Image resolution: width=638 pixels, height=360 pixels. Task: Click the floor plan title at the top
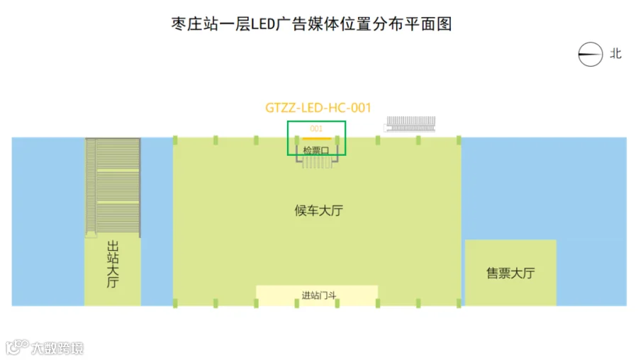[x=311, y=24]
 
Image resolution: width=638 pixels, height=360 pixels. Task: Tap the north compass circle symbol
[x=591, y=54]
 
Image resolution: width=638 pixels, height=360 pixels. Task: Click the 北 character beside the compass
[x=615, y=54]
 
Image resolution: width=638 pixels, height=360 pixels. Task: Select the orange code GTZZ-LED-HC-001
[x=318, y=108]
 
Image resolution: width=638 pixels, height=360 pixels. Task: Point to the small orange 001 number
[x=316, y=128]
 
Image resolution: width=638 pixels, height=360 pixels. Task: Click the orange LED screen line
[x=317, y=139]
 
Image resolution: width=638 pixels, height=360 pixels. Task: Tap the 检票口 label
[x=316, y=150]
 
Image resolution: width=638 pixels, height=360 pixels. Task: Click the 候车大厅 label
[x=318, y=210]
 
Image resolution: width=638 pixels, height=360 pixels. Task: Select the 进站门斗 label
[x=319, y=296]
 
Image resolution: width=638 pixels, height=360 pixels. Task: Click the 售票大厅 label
[x=510, y=273]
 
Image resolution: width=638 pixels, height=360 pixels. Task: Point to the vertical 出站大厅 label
[x=113, y=264]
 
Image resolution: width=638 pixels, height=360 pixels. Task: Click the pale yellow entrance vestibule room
[x=317, y=296]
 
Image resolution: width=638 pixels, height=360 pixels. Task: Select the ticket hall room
[x=510, y=273]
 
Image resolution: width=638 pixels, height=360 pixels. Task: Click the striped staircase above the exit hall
[x=113, y=187]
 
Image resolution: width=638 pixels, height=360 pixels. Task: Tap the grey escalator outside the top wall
[x=410, y=124]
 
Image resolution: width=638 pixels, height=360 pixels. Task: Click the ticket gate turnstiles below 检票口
[x=317, y=162]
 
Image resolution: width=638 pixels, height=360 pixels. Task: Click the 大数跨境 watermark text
[x=57, y=348]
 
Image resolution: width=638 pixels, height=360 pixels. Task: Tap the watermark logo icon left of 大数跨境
[x=17, y=347]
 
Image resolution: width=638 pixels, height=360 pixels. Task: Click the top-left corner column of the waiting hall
[x=175, y=140]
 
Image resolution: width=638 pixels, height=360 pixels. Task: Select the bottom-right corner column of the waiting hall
[x=459, y=303]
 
